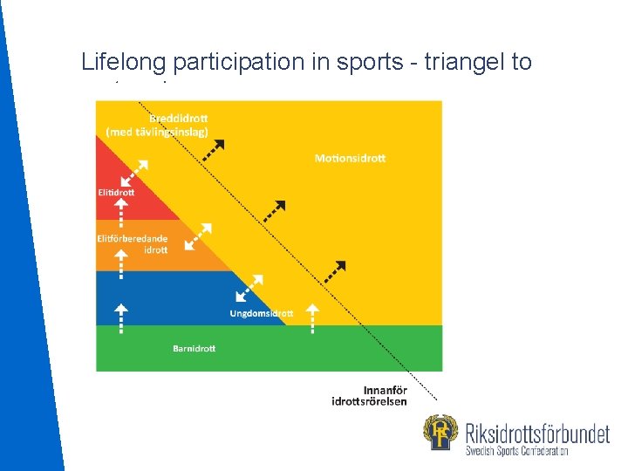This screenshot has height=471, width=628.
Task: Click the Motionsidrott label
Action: [350, 158]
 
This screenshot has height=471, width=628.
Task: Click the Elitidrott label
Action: [116, 192]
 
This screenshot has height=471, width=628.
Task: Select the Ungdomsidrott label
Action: [262, 312]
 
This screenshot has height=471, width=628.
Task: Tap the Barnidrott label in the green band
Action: [194, 349]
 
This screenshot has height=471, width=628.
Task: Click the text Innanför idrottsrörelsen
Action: [369, 395]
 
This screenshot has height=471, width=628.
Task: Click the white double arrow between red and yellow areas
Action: [135, 171]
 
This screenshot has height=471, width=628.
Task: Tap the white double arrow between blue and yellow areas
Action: [250, 287]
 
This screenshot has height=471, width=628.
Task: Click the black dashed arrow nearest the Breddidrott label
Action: [212, 148]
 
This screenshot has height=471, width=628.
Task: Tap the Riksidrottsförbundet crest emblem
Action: [440, 434]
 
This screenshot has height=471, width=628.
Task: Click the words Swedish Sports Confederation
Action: [517, 451]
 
